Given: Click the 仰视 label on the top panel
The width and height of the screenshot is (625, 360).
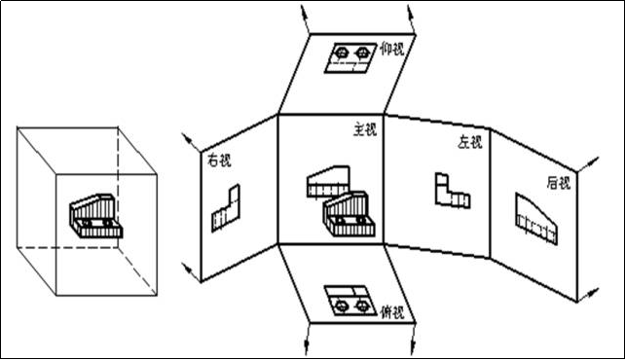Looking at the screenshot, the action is pyautogui.click(x=392, y=50).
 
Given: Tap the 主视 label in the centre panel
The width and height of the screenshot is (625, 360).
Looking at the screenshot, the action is pyautogui.click(x=365, y=129).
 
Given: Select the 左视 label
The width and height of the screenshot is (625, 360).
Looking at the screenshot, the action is pyautogui.click(x=470, y=142).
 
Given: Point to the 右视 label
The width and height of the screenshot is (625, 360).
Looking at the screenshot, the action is pyautogui.click(x=219, y=161).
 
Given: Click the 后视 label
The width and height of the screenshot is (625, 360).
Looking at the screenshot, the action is pyautogui.click(x=559, y=183).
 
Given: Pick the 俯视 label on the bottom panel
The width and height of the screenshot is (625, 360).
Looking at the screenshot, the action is pyautogui.click(x=392, y=312).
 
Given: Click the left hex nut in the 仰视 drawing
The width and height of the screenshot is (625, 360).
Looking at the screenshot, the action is pyautogui.click(x=342, y=53).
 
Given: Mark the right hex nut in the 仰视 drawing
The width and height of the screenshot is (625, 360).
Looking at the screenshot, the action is pyautogui.click(x=362, y=53).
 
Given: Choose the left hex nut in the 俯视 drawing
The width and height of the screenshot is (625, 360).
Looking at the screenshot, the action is pyautogui.click(x=341, y=306).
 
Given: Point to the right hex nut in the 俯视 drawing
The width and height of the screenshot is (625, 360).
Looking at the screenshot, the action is pyautogui.click(x=362, y=306).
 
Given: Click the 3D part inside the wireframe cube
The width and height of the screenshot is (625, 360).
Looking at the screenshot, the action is pyautogui.click(x=95, y=216).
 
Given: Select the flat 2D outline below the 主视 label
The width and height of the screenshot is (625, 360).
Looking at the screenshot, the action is pyautogui.click(x=328, y=182).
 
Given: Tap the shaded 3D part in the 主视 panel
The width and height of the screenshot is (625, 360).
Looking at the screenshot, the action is pyautogui.click(x=349, y=214).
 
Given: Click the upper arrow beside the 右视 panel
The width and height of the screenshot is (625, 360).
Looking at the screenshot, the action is pyautogui.click(x=192, y=143).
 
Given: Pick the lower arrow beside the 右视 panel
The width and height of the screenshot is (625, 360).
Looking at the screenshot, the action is pyautogui.click(x=192, y=272).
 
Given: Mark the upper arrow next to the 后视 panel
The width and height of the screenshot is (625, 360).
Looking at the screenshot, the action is pyautogui.click(x=588, y=163).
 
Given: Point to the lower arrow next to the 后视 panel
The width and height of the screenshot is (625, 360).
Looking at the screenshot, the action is pyautogui.click(x=588, y=294).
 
